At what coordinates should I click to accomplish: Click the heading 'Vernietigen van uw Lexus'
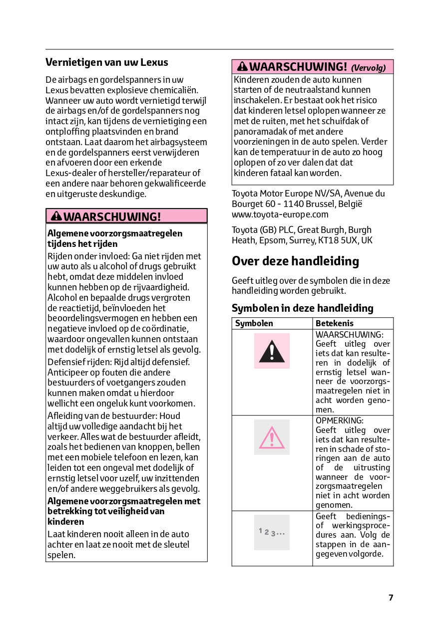[x=107, y=62]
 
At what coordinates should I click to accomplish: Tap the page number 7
[x=391, y=598]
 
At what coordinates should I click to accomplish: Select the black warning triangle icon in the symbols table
[x=272, y=351]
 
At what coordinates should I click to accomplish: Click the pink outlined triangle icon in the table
[x=272, y=437]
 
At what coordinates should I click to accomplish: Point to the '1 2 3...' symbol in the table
[x=272, y=532]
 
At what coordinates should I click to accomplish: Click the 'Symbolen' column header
[x=254, y=323]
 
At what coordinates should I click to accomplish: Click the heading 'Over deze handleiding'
[x=295, y=261]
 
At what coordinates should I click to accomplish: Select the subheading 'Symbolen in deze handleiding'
[x=303, y=308]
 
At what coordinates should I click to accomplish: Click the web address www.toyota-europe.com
[x=280, y=214]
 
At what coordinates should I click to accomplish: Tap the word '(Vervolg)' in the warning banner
[x=369, y=68]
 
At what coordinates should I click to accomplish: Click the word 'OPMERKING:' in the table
[x=340, y=420]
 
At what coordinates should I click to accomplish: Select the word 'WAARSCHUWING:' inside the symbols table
[x=350, y=334]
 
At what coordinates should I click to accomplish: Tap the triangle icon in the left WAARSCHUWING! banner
[x=56, y=216]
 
